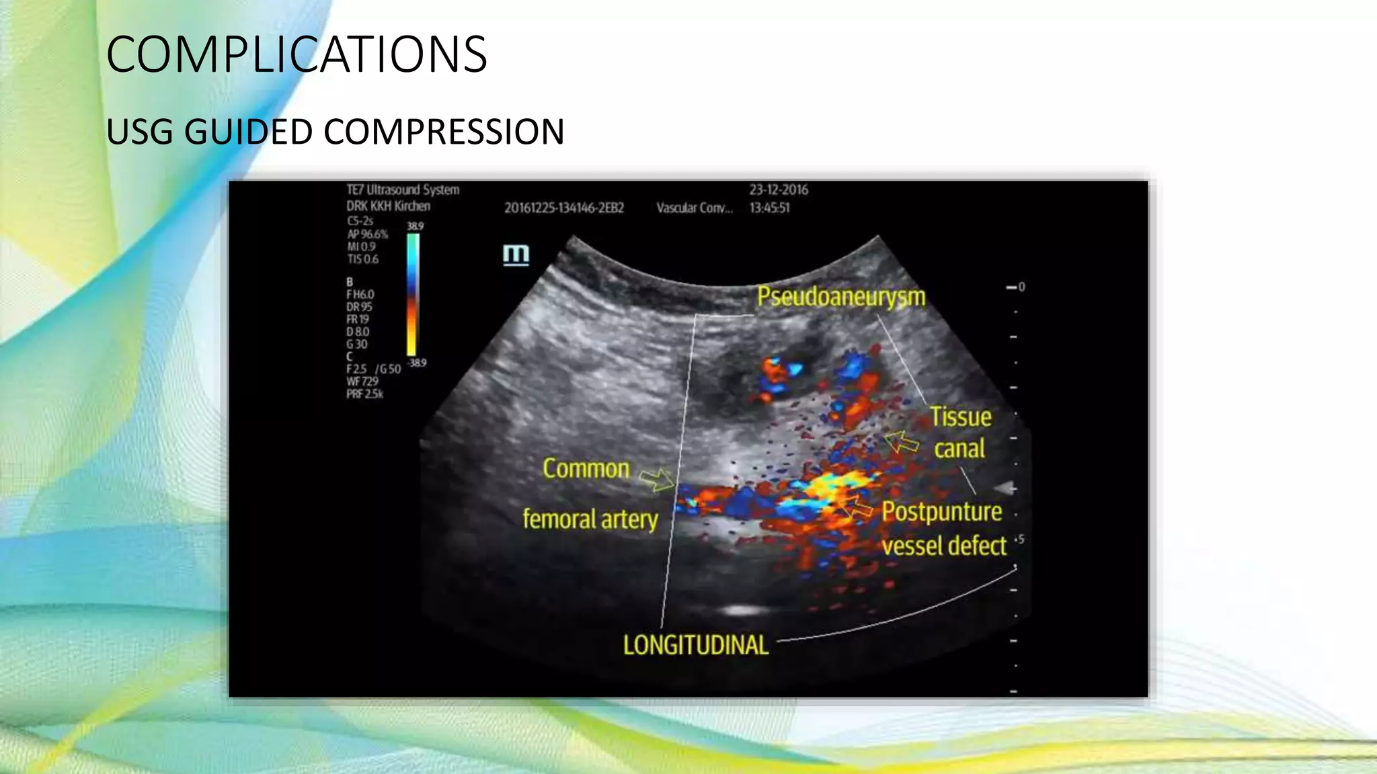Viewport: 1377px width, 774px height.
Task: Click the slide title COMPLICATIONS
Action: point(297,54)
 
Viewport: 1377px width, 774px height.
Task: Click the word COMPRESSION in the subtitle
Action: point(444,132)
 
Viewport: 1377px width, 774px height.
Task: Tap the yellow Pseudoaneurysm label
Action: point(841,296)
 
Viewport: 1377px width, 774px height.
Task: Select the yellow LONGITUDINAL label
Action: point(695,645)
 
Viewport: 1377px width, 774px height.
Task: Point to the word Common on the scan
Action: point(586,469)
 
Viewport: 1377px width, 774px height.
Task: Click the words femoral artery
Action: point(590,519)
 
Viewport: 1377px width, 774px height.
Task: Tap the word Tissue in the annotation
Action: point(960,417)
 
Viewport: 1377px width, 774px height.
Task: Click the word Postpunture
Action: point(941,512)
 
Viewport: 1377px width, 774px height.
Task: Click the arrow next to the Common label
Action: point(656,479)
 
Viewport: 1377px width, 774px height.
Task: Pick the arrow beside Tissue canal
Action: point(901,442)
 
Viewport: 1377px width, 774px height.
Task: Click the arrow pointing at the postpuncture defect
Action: point(857,506)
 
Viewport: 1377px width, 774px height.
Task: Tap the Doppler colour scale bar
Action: point(413,294)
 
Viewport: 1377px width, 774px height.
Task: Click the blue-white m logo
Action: point(516,255)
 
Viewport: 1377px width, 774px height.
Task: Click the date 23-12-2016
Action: point(779,190)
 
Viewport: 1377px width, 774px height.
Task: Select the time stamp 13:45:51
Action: point(770,208)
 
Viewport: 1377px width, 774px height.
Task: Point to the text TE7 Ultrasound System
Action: point(403,190)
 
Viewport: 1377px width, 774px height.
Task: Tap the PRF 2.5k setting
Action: point(364,394)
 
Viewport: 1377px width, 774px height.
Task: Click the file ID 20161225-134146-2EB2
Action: point(564,208)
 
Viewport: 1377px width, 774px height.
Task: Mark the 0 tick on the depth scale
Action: point(1017,287)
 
